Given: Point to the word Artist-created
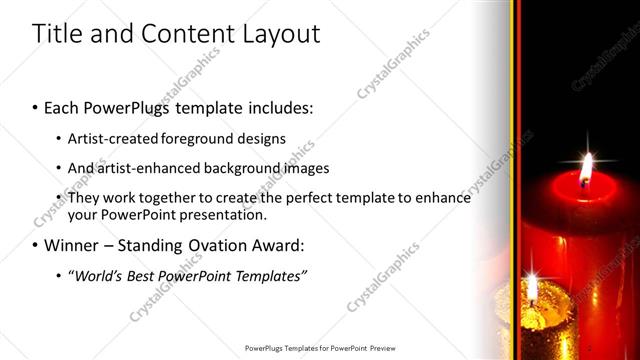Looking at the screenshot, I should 111,138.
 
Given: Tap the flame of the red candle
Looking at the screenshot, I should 586,167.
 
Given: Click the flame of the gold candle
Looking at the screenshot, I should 532,291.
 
